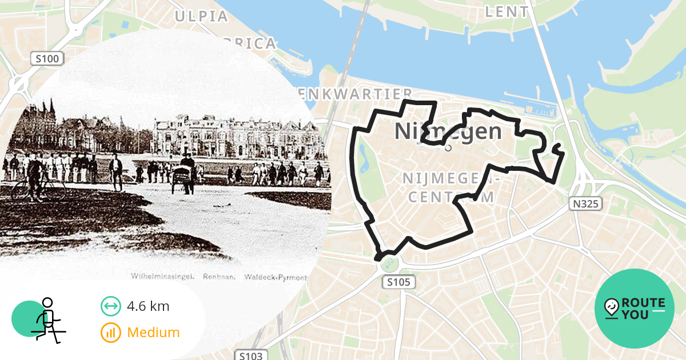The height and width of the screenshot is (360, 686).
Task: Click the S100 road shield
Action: pyautogui.click(x=47, y=58)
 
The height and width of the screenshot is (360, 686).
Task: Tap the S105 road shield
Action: pyautogui.click(x=398, y=282)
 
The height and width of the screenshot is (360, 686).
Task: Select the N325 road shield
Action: pyautogui.click(x=585, y=203)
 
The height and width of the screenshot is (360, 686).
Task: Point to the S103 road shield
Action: pyautogui.click(x=251, y=355)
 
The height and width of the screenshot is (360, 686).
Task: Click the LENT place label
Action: pyautogui.click(x=506, y=11)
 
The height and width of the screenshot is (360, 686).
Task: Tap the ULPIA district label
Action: pyautogui.click(x=201, y=16)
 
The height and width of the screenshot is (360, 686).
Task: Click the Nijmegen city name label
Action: pyautogui.click(x=448, y=131)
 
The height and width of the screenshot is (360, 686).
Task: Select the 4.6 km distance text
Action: pyautogui.click(x=148, y=306)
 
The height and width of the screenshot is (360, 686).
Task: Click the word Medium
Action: pyautogui.click(x=153, y=332)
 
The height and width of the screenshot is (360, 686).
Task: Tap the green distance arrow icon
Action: pyautogui.click(x=110, y=306)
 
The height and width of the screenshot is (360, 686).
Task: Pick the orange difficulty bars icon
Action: pyautogui.click(x=110, y=332)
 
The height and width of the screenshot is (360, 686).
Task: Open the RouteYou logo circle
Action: pyautogui.click(x=635, y=309)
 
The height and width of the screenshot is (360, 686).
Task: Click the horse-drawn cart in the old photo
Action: pyautogui.click(x=184, y=174)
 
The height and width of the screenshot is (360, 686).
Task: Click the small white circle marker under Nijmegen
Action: pyautogui.click(x=448, y=147)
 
